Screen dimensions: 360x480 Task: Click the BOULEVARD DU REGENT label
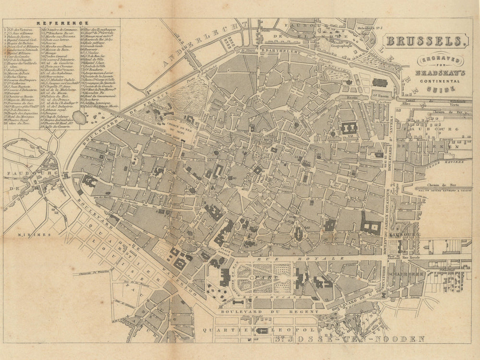(267, 312)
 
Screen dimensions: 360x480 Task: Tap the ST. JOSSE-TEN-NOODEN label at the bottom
(350, 339)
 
